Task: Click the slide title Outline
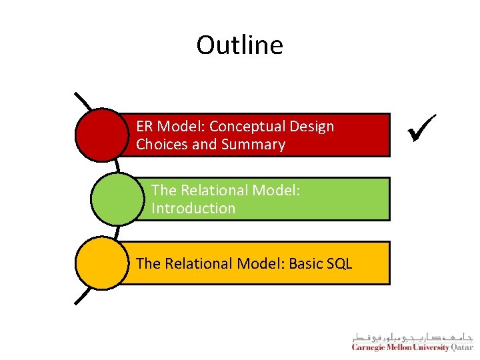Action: point(239,45)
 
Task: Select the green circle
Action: point(117,199)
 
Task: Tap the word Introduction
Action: point(193,209)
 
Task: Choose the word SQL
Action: point(339,264)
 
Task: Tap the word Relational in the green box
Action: point(208,191)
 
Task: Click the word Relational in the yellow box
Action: point(193,264)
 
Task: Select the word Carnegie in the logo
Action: point(371,346)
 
